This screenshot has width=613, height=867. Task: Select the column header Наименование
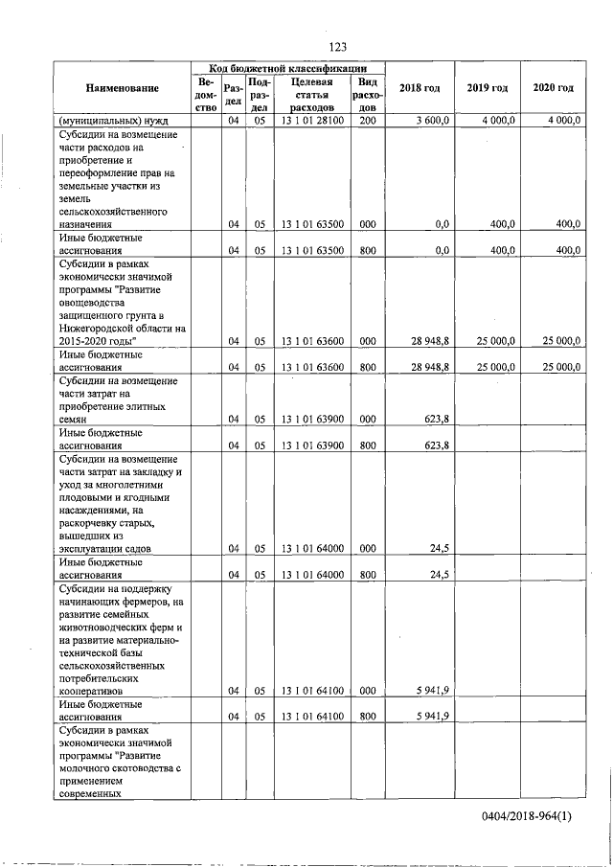[x=122, y=89]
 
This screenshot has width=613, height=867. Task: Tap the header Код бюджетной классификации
[x=288, y=69]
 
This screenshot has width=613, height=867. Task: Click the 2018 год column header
[x=420, y=89]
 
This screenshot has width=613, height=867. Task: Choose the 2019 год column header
[x=487, y=89]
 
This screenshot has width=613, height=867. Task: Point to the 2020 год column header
[x=553, y=89]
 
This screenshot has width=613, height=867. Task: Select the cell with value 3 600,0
[x=431, y=121]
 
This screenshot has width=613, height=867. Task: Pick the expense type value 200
[x=368, y=121]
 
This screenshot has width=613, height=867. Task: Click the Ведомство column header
[x=205, y=96]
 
